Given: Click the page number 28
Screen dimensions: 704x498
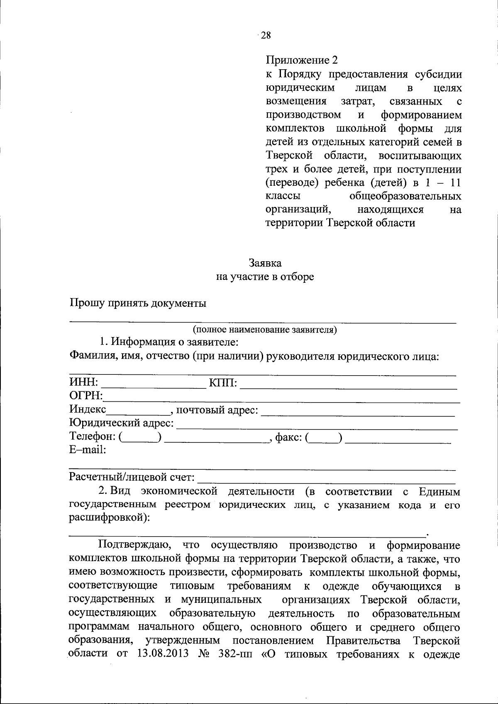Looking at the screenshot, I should pos(266,35).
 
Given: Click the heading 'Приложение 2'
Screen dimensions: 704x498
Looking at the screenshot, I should pos(302,61).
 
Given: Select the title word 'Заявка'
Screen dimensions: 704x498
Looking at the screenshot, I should pos(265,263).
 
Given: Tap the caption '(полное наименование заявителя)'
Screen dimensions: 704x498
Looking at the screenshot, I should pos(265,330).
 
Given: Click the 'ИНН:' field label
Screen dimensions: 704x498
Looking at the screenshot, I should pos(83,381).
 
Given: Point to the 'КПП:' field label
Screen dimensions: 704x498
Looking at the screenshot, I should pos(223,381).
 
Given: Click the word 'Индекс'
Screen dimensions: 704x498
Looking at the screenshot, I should pos(88,409).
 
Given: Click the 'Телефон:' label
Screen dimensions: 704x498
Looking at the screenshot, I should pos(93,436).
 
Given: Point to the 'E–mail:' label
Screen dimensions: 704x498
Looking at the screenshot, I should pos(88,450).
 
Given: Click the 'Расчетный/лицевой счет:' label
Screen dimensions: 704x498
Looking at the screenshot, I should pos(132,477).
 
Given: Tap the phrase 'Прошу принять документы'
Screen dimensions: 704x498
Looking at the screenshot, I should pos(137,303).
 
